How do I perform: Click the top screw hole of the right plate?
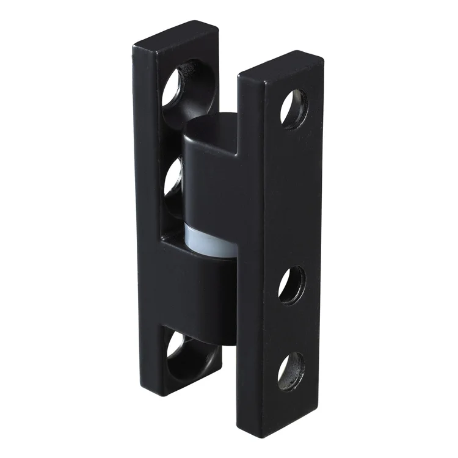[x=294, y=109]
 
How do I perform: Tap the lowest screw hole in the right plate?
[x=291, y=371]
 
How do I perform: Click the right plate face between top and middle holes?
[x=291, y=195]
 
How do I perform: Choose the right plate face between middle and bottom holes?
[x=291, y=329]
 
